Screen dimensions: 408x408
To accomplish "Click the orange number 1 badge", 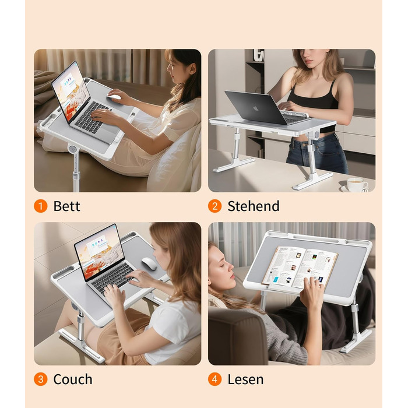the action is [x=41, y=206].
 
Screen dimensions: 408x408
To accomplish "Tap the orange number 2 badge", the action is [x=214, y=206].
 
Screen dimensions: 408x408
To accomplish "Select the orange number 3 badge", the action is [x=41, y=379].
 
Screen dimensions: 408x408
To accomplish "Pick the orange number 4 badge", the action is [x=214, y=379].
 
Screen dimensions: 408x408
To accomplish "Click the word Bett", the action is [x=66, y=206].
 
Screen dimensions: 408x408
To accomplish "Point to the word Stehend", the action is [x=254, y=206].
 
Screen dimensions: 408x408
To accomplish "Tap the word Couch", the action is [x=73, y=379].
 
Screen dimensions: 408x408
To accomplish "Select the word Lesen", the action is [x=245, y=379].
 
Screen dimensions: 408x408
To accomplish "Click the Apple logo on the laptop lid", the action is [x=256, y=108].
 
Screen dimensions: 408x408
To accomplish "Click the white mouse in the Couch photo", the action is [x=149, y=263].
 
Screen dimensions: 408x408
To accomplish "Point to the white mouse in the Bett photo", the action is [x=114, y=97].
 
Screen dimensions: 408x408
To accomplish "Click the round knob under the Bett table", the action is [x=72, y=149].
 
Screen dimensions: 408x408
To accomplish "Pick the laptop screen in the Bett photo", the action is [x=71, y=92].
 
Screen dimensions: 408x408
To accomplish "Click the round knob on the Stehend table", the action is [x=316, y=135].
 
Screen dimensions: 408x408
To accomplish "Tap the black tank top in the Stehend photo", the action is [x=312, y=97].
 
